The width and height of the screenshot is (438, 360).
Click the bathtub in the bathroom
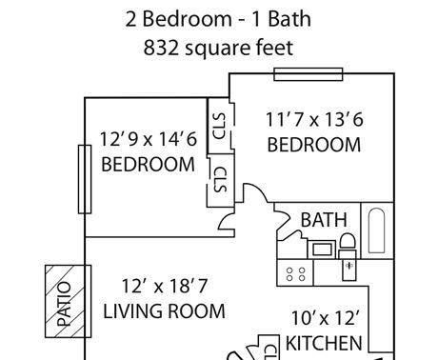pos(377,230)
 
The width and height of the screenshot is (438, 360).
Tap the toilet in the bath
pos(348,246)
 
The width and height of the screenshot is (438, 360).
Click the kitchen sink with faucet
pos(349,270)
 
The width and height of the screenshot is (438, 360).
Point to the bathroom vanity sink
pos(322,249)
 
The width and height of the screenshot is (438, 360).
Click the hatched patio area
pos(65,301)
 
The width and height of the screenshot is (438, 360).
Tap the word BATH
pos(324,220)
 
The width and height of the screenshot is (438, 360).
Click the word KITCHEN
pos(324,343)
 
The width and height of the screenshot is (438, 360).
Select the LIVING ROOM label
pos(164,311)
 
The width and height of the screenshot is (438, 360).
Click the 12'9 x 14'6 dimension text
pos(149,139)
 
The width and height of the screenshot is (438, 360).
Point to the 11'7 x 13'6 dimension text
pos(314,120)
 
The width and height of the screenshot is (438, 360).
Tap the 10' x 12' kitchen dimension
pos(325,318)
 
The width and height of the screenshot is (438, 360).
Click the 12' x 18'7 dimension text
pos(165,286)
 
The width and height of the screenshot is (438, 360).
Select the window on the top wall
pos(309,74)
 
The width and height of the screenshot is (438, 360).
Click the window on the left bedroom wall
pos(85,179)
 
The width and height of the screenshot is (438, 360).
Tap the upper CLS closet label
pos(220,126)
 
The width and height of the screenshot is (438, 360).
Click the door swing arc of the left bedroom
pos(225,220)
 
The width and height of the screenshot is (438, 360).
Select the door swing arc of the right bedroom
pos(258,190)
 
